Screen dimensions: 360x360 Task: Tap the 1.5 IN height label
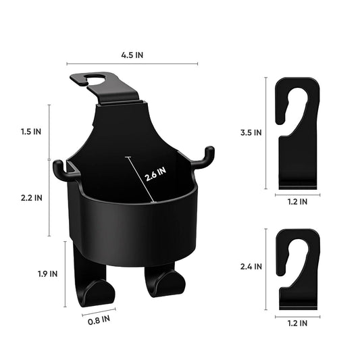[30, 132]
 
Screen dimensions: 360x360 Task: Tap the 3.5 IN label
[252, 133]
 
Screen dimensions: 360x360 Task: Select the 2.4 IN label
[252, 266]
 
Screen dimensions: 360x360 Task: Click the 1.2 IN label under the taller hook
[297, 201]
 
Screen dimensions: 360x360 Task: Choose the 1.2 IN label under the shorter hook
[297, 324]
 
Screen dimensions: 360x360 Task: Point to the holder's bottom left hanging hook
[95, 287]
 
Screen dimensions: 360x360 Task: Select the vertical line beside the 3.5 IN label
[266, 133]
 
